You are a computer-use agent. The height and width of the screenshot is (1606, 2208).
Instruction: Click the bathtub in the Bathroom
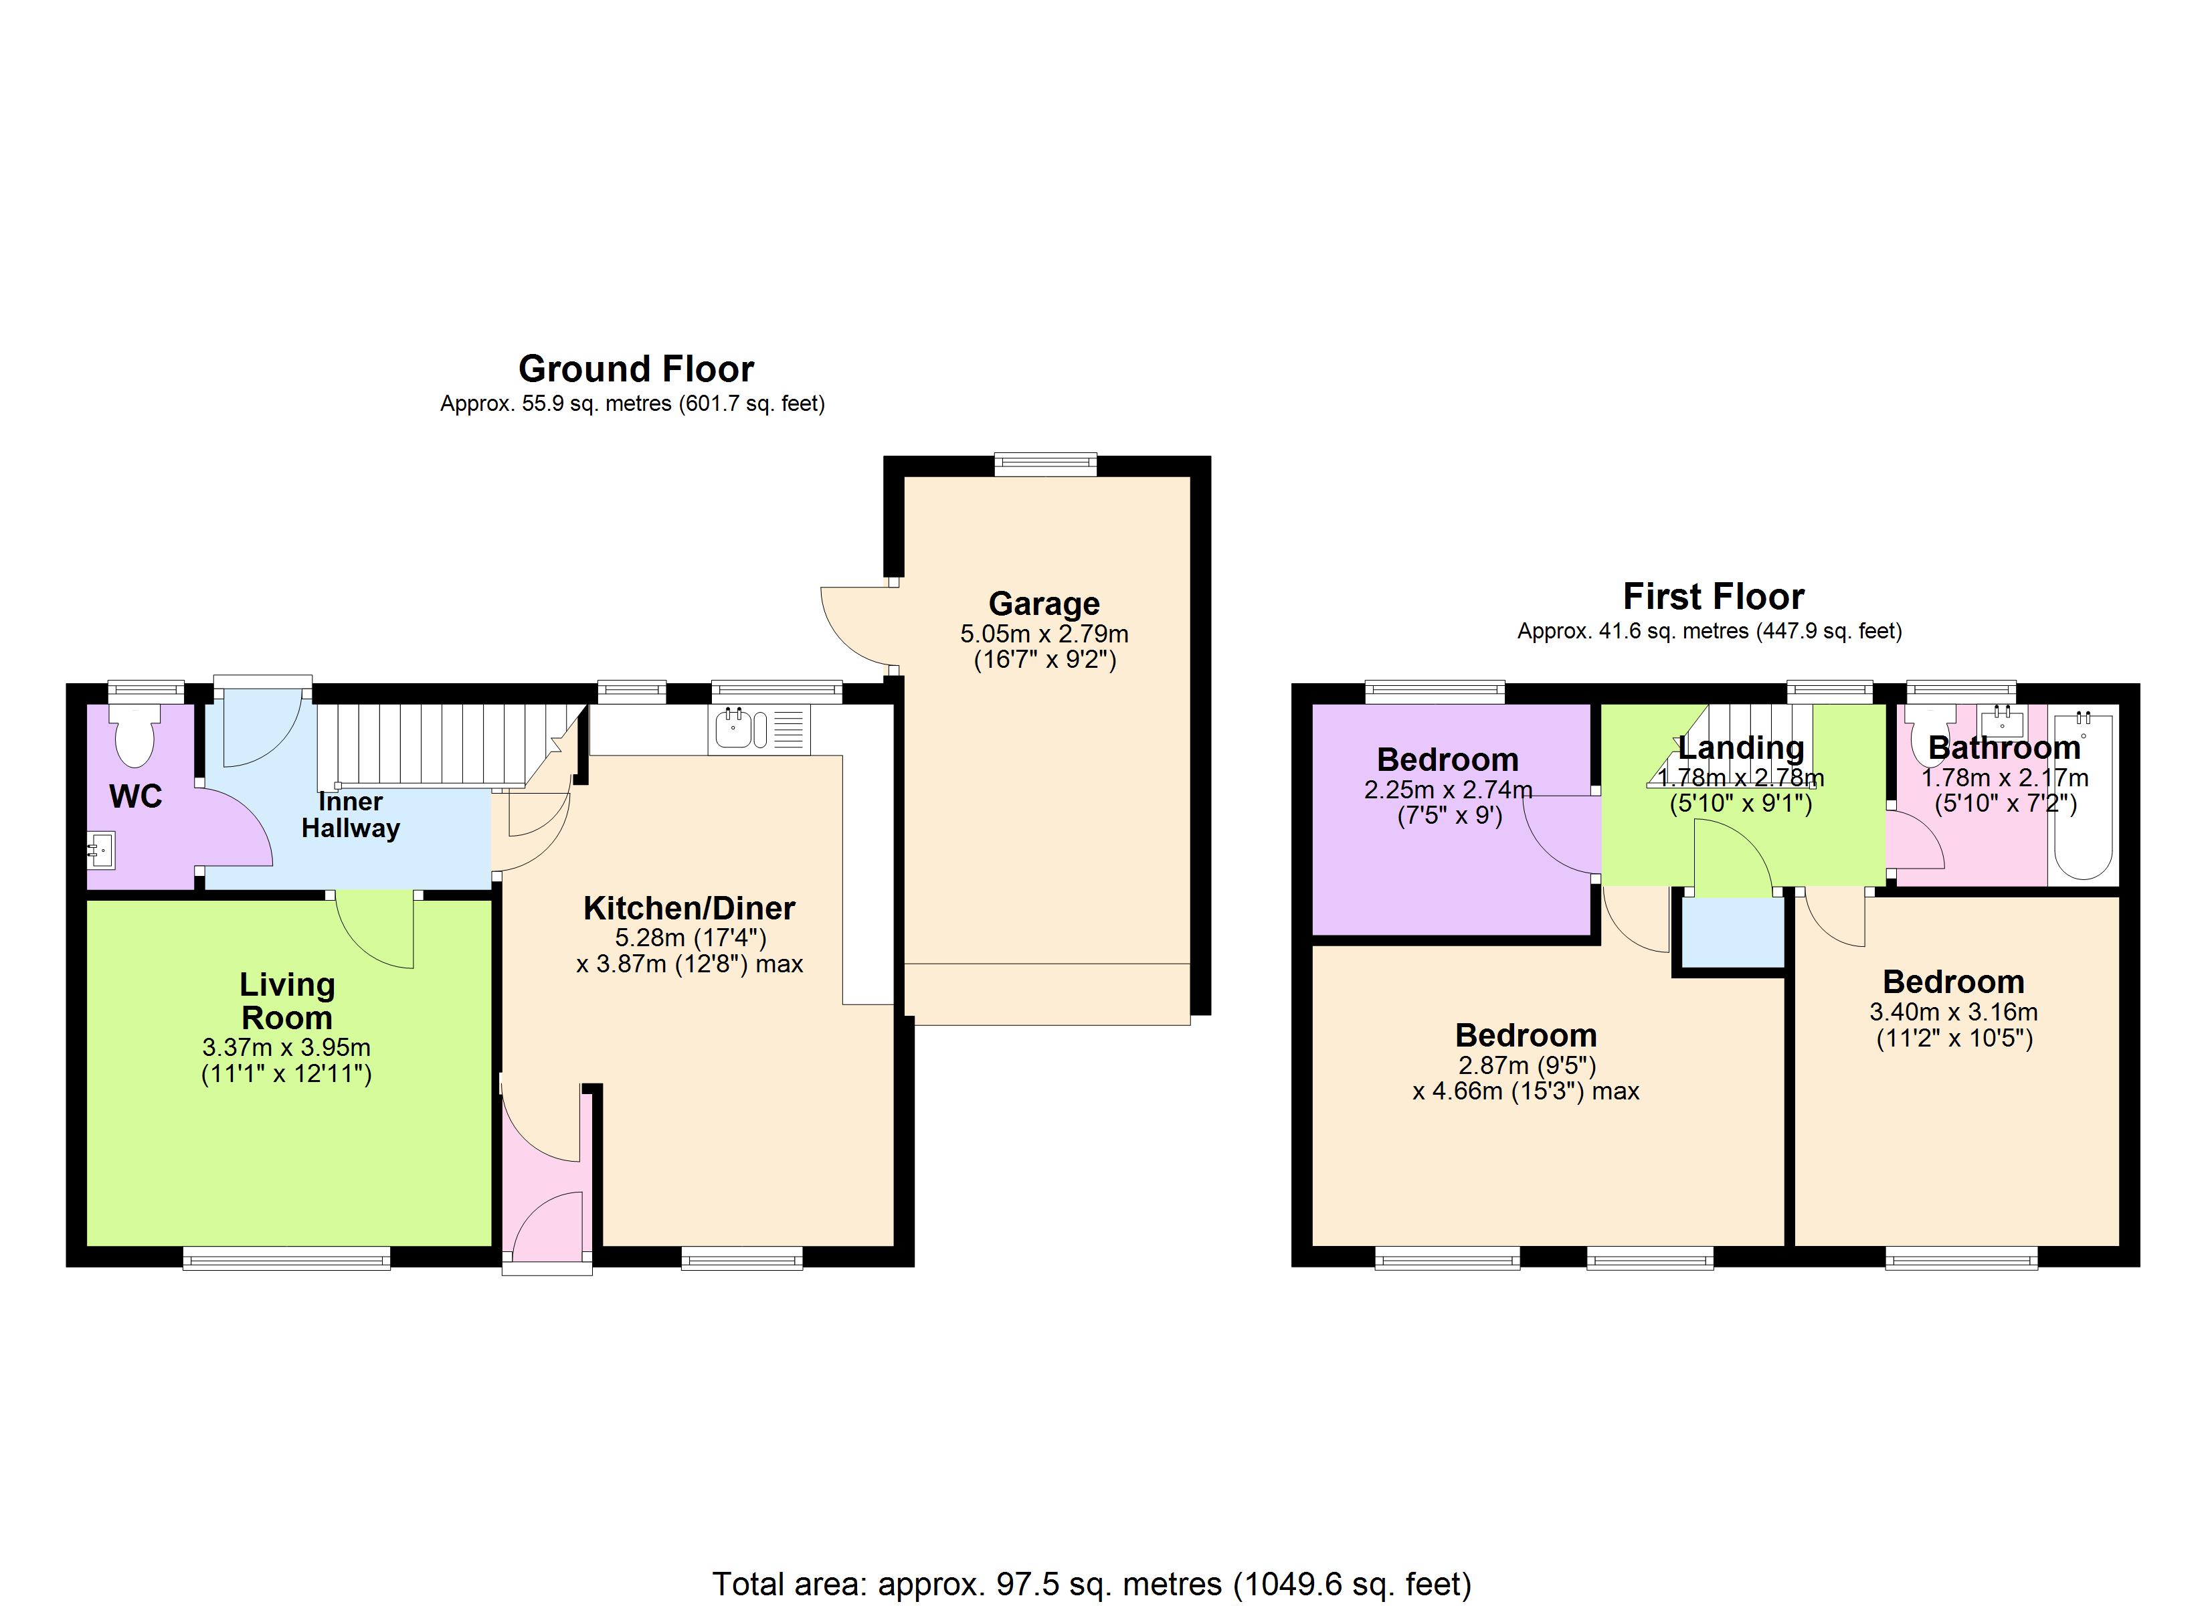[2084, 797]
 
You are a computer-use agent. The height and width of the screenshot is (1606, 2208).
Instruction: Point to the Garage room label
[1044, 604]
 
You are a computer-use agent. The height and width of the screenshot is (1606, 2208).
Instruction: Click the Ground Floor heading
[636, 369]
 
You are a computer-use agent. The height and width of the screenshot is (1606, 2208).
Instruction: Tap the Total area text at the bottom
[1091, 1585]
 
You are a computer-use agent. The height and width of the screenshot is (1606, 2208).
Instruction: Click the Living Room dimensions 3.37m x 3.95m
[286, 1048]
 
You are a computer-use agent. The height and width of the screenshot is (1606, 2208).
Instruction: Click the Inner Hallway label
[351, 815]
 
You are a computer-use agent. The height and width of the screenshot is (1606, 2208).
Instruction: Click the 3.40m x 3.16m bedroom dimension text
[1953, 1012]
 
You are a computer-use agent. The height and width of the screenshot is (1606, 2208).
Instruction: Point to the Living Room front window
[286, 1258]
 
